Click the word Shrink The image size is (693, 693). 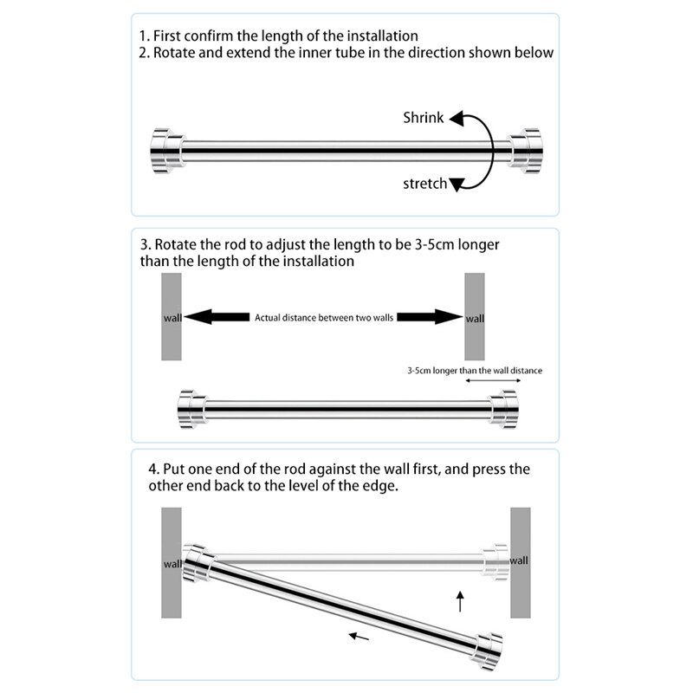click(x=424, y=118)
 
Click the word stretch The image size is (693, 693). click(x=425, y=184)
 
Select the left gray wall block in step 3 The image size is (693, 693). click(x=171, y=317)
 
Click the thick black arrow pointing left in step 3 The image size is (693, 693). click(x=215, y=317)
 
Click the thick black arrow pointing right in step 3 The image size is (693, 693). click(x=431, y=317)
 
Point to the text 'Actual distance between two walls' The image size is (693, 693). click(x=324, y=318)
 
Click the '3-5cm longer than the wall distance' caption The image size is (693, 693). click(x=475, y=371)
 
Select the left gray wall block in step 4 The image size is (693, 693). click(x=171, y=562)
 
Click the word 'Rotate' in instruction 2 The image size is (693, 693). click(x=177, y=53)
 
